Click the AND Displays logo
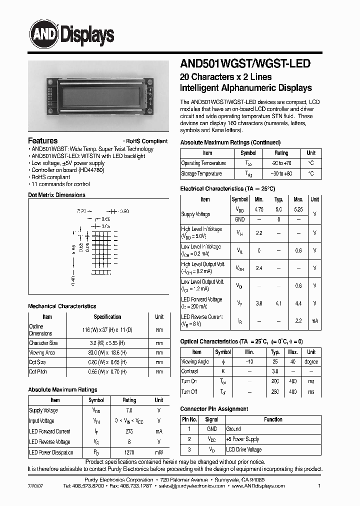[x=70, y=34]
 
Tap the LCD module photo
[x=98, y=95]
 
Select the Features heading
[x=42, y=141]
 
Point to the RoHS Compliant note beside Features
[x=145, y=141]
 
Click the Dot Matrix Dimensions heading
[x=56, y=195]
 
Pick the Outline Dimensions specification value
[x=107, y=330]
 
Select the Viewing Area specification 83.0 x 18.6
[x=107, y=352]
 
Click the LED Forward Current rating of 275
[x=129, y=431]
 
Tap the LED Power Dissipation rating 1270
[x=129, y=452]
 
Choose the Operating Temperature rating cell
[x=281, y=163]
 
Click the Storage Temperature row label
[x=201, y=174]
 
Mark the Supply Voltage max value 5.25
[x=298, y=210]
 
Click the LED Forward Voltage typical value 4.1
[x=278, y=303]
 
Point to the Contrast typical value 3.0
[x=274, y=371]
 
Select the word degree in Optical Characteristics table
[x=311, y=361]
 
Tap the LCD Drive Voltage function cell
[x=243, y=450]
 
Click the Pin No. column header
[x=189, y=419]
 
